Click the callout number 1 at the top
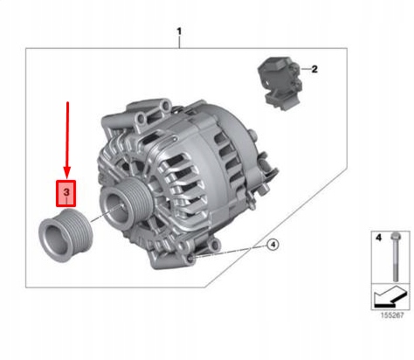pyautogui.click(x=179, y=33)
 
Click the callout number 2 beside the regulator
pyautogui.click(x=315, y=68)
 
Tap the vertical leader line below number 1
pyautogui.click(x=179, y=45)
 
